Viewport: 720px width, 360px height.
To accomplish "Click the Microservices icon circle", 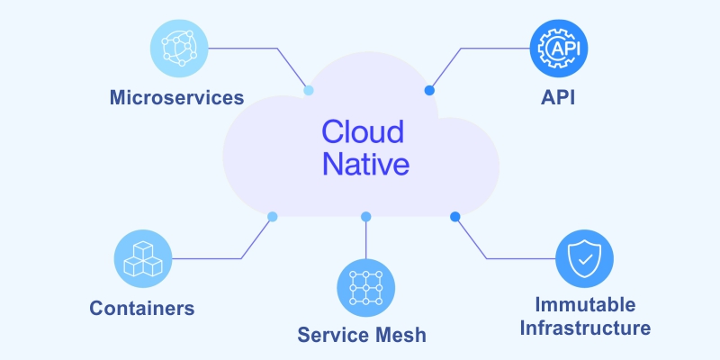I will pos(178,48).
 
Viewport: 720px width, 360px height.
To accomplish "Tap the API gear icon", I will pos(559,48).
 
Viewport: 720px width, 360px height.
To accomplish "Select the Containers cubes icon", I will pos(143,258).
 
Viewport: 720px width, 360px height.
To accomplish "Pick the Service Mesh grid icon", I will pos(365,287).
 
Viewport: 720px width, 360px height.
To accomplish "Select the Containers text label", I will pos(142,309).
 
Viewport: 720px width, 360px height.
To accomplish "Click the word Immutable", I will pos(585,304).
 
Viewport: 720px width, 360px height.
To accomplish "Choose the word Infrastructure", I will pos(585,328).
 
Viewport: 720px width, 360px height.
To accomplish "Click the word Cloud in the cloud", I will pos(363,131).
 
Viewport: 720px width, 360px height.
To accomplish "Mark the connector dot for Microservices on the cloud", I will pos(309,90).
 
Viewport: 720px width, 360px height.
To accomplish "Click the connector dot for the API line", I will pos(429,90).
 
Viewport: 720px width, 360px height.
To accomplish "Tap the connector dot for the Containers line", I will pos(273,216).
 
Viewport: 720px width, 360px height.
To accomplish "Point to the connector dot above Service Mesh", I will pos(365,217).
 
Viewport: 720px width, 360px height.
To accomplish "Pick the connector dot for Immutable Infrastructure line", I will pos(455,216).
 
